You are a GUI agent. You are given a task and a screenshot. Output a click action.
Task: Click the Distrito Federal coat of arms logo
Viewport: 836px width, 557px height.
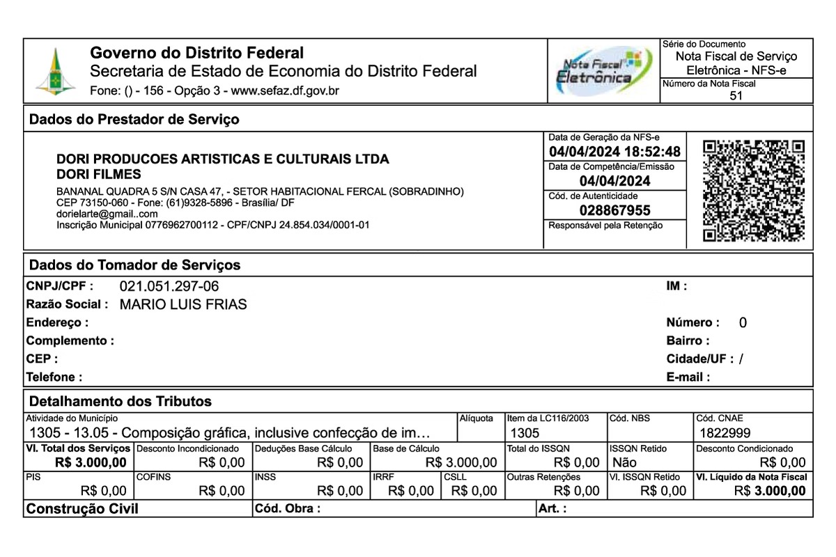pos(56,72)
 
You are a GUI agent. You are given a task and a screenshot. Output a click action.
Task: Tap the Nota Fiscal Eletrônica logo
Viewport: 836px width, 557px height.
pos(603,71)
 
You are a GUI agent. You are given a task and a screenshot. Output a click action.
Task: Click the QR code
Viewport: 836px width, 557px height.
pos(753,191)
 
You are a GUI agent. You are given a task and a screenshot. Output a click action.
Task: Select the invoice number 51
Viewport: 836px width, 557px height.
pos(736,96)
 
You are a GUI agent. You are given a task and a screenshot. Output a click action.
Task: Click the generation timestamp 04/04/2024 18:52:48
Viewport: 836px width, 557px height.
pos(614,152)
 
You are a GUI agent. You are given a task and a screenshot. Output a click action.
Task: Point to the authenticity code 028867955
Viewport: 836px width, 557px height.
pos(614,210)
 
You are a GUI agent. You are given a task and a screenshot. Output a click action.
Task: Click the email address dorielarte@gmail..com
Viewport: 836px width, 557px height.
pos(107,214)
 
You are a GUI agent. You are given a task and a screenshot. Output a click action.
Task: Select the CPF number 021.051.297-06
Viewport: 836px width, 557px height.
pos(169,286)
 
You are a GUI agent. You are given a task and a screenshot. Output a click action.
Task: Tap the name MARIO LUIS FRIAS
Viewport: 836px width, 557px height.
pos(183,304)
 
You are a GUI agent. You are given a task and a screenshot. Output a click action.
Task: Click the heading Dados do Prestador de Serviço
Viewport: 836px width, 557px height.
pos(134,120)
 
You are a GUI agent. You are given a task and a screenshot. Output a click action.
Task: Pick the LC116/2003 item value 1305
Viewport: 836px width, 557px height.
pos(525,432)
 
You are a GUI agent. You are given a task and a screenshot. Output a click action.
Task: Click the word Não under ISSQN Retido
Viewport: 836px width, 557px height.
pos(624,462)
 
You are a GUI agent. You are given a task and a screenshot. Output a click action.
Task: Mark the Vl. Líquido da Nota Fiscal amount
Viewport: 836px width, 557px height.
pos(770,491)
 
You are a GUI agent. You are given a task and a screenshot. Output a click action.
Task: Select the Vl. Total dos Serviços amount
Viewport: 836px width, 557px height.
pos(91,462)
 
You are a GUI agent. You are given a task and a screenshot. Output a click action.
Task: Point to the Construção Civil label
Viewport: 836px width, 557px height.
pos(82,509)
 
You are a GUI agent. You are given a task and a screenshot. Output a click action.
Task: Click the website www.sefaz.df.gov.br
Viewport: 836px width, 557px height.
pos(285,91)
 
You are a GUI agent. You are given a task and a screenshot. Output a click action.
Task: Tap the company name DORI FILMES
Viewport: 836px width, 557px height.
pos(98,174)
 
